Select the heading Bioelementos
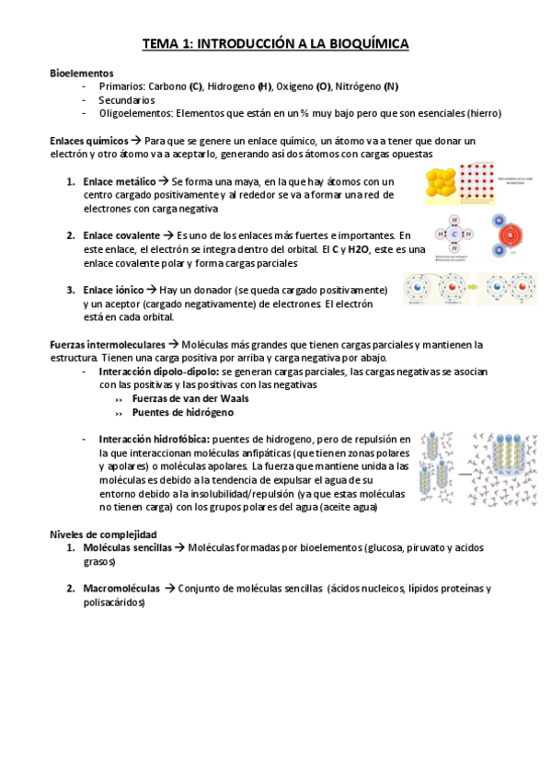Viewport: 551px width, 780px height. pos(81,72)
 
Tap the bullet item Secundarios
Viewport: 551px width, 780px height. pos(127,99)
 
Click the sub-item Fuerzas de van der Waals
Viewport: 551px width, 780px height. pos(189,398)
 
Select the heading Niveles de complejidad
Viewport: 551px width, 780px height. pos(102,533)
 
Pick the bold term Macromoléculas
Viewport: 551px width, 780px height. pos(121,588)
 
